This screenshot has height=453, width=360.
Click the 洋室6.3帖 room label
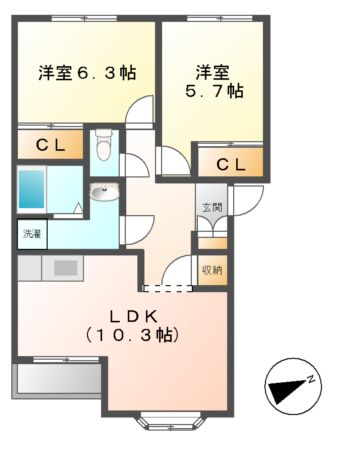coord(87,73)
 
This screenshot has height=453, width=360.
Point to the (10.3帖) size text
coord(130,335)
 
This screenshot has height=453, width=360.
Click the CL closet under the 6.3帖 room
coord(51,145)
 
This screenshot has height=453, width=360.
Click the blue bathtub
coord(32,187)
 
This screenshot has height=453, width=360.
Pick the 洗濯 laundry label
coord(32,234)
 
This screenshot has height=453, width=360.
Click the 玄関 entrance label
coord(211,208)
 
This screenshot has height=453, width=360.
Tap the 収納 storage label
coord(211,270)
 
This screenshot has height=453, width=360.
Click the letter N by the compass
coord(312,377)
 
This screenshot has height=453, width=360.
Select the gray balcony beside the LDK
coord(56,381)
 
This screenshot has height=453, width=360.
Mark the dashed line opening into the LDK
coord(167,288)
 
